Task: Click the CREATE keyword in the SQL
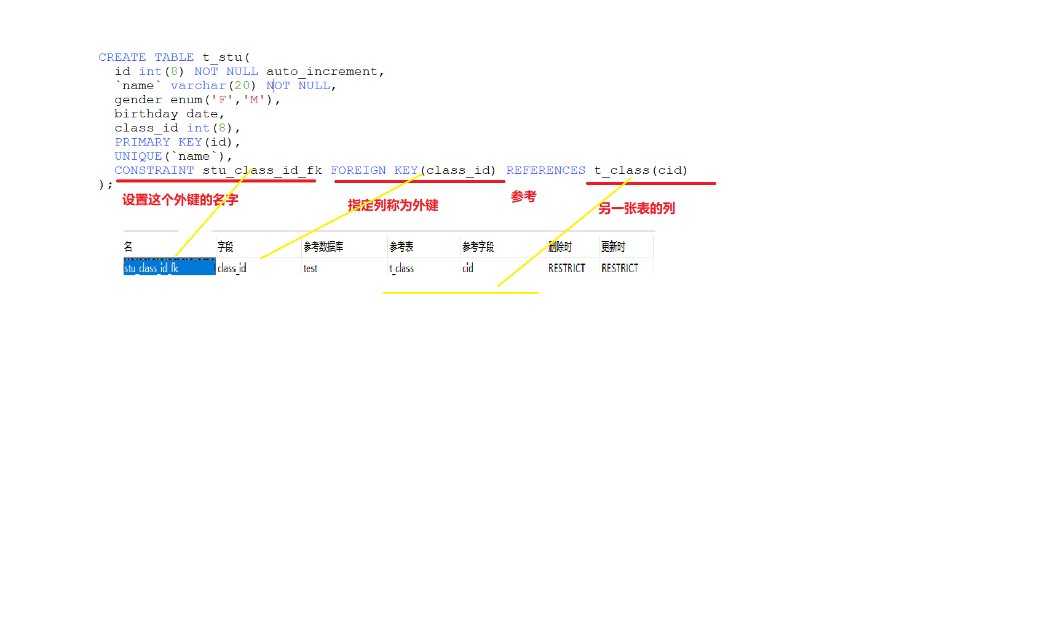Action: tap(122, 57)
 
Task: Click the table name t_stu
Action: tap(222, 57)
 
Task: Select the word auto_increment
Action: tap(322, 71)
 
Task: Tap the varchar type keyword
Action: tap(198, 85)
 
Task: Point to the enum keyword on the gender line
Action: tap(186, 100)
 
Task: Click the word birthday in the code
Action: tap(146, 114)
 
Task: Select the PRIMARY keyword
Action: tap(142, 142)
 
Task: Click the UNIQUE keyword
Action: tap(138, 156)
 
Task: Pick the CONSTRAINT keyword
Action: tap(154, 170)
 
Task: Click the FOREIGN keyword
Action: tap(358, 170)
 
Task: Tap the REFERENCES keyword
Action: tap(545, 170)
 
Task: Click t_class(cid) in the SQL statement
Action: tap(641, 170)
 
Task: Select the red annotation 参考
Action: tap(523, 197)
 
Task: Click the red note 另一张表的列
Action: tap(636, 208)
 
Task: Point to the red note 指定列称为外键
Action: tap(393, 205)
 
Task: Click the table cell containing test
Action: tap(310, 269)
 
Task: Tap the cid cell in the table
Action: tap(468, 269)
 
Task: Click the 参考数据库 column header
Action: tap(323, 246)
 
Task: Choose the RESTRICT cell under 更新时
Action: tap(620, 269)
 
